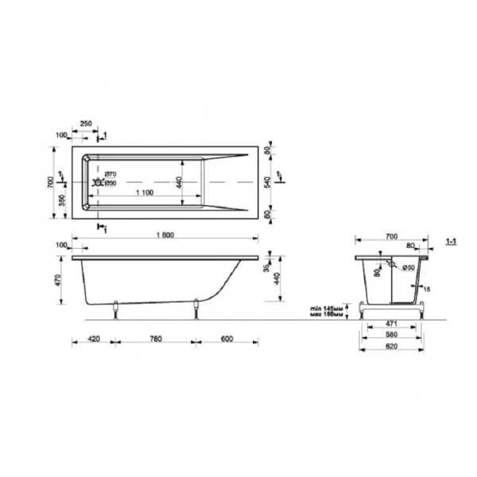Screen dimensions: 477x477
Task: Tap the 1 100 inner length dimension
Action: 144,194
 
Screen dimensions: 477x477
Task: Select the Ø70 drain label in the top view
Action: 111,173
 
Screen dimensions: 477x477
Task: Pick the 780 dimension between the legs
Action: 157,339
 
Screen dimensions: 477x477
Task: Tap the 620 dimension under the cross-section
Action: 391,348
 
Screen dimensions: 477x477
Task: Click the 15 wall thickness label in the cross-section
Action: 427,289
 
